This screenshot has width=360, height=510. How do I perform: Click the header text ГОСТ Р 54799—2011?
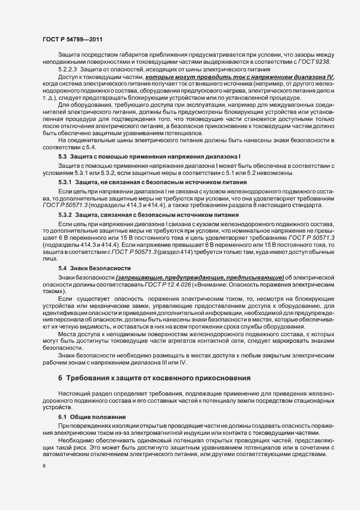[x=71, y=39]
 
